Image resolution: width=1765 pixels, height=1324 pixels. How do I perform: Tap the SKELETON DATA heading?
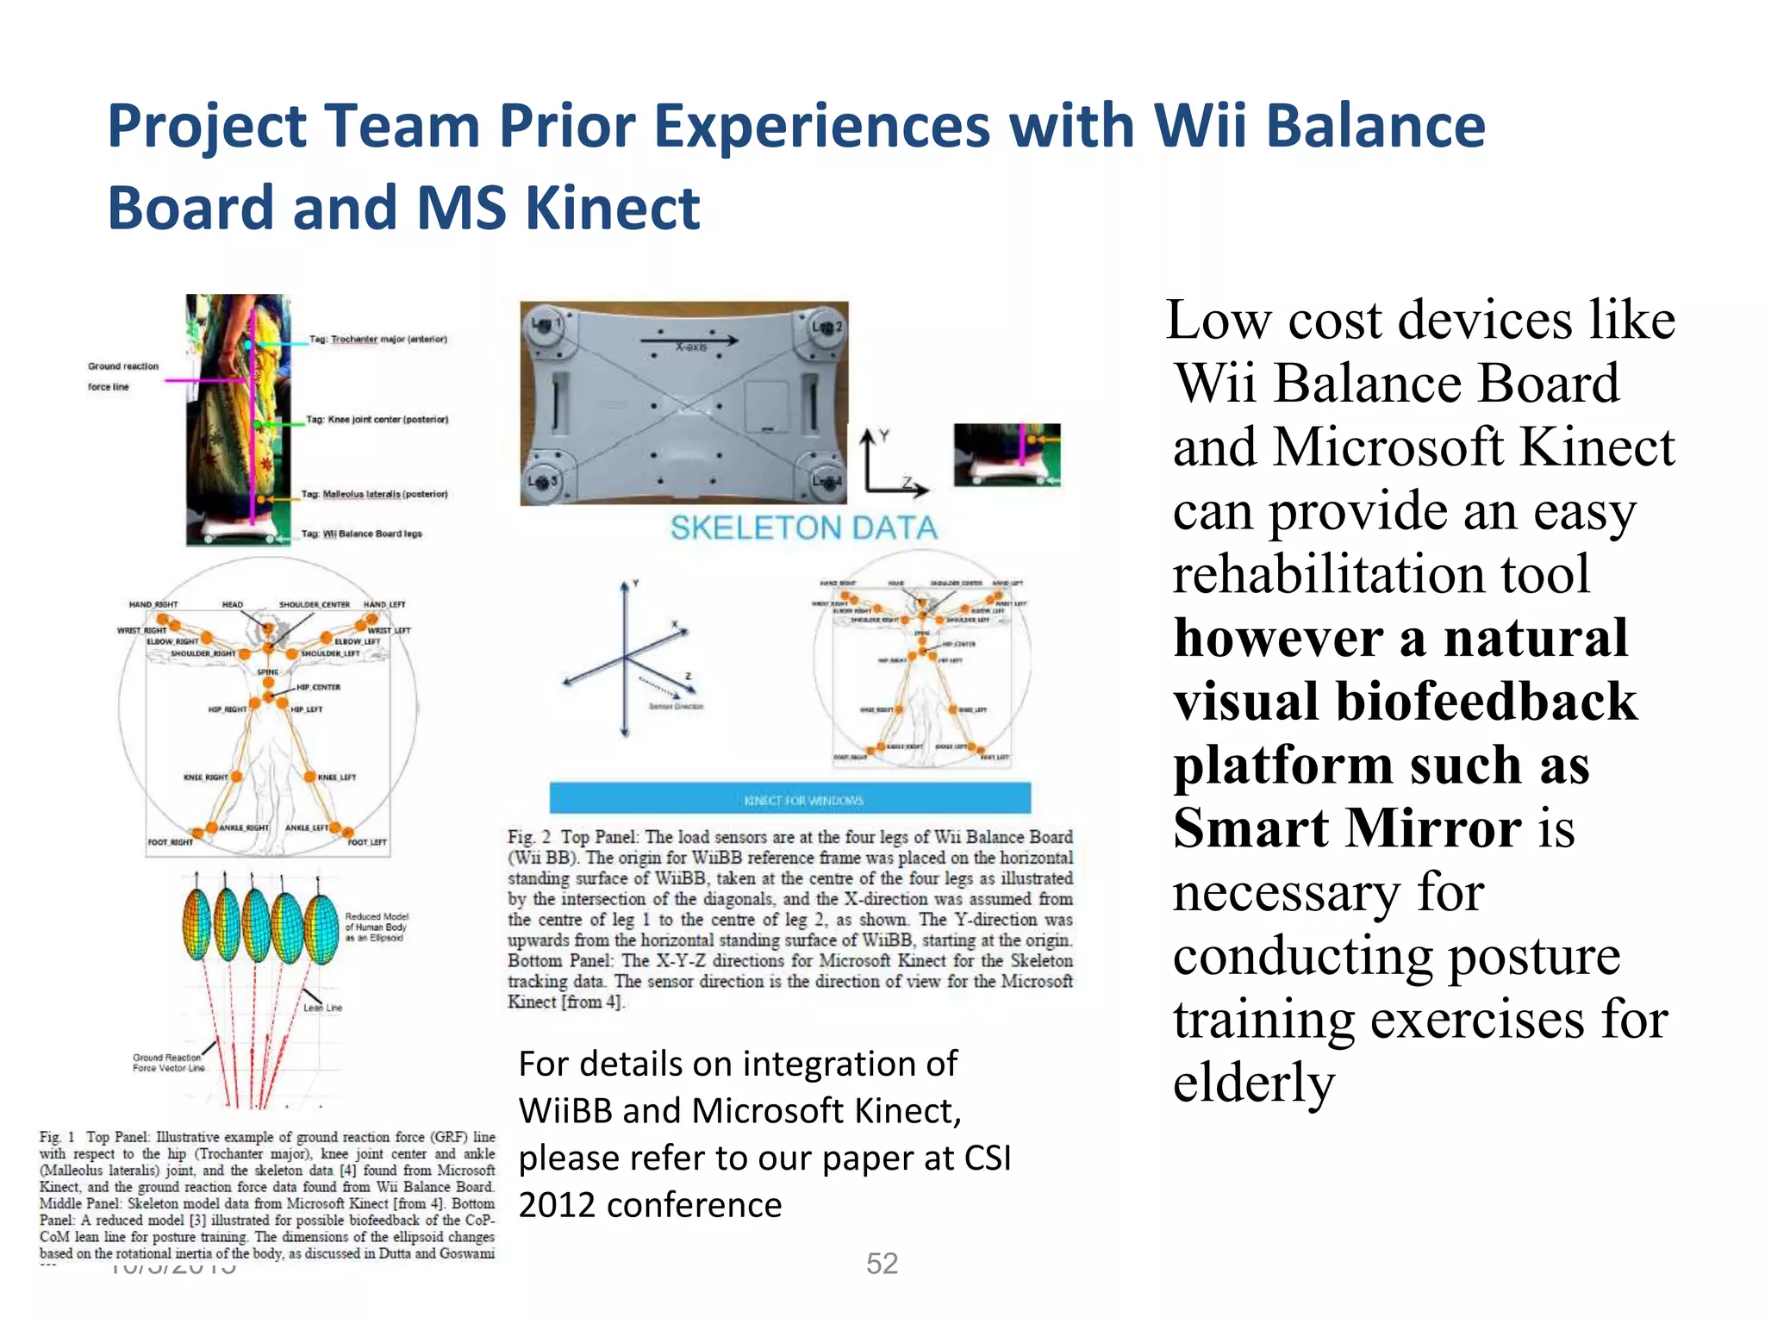pyautogui.click(x=803, y=528)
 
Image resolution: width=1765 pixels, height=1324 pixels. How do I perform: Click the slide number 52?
pyautogui.click(x=882, y=1264)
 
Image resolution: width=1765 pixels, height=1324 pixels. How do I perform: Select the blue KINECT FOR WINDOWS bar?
pyautogui.click(x=790, y=798)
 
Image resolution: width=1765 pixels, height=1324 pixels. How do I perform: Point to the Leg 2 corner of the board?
pyautogui.click(x=826, y=328)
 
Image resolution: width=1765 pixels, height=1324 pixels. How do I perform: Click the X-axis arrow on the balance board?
pyautogui.click(x=689, y=341)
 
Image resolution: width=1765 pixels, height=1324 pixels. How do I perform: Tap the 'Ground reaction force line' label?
pyautogui.click(x=122, y=376)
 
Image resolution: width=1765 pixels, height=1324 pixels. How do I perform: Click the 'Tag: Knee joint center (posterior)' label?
pyautogui.click(x=377, y=420)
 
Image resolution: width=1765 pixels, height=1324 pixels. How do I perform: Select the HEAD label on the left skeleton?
pyautogui.click(x=232, y=604)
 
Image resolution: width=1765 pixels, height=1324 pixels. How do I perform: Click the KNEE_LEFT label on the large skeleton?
pyautogui.click(x=337, y=777)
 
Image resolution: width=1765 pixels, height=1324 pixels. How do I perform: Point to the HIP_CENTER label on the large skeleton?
pyautogui.click(x=318, y=687)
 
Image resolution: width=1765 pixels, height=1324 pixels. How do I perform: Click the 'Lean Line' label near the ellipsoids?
pyautogui.click(x=322, y=1007)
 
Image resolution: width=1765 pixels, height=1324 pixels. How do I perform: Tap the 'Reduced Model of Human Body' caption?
pyautogui.click(x=376, y=927)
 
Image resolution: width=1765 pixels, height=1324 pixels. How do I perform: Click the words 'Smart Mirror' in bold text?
pyautogui.click(x=1346, y=828)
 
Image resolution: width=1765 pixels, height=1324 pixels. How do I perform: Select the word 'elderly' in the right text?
pyautogui.click(x=1253, y=1083)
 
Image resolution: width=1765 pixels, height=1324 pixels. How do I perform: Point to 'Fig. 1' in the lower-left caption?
pyautogui.click(x=57, y=1137)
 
